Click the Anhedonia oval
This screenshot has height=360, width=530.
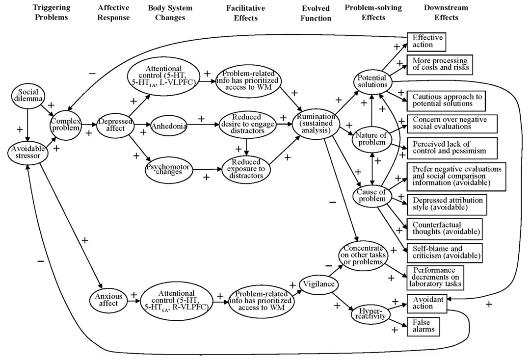[168, 126]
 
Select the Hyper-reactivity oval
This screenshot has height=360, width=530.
[370, 314]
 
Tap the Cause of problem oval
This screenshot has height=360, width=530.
[371, 196]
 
